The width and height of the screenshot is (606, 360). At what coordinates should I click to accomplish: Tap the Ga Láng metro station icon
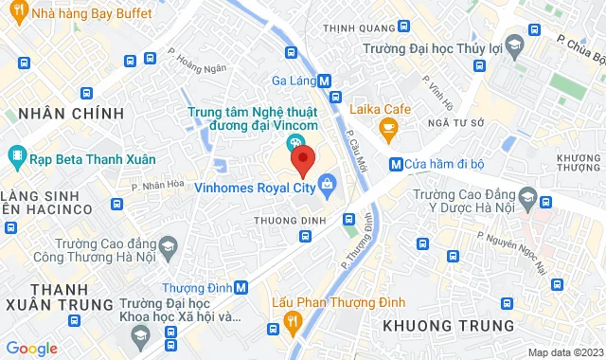pyautogui.click(x=324, y=81)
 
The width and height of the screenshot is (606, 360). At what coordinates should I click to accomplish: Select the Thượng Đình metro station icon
pyautogui.click(x=241, y=287)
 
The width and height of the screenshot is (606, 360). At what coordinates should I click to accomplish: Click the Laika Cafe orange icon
pyautogui.click(x=386, y=126)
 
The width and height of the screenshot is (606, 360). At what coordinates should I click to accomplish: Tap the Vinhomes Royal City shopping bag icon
pyautogui.click(x=327, y=183)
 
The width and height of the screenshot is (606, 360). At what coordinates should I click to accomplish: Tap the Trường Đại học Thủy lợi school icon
pyautogui.click(x=512, y=45)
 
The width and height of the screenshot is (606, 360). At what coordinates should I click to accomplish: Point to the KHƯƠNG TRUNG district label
pyautogui.click(x=448, y=325)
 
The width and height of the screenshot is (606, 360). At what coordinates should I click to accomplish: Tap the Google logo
pyautogui.click(x=31, y=349)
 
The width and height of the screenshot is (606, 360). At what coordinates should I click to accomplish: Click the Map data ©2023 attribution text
pyautogui.click(x=564, y=352)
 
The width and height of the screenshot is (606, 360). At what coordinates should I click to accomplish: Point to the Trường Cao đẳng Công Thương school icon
pyautogui.click(x=168, y=248)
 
